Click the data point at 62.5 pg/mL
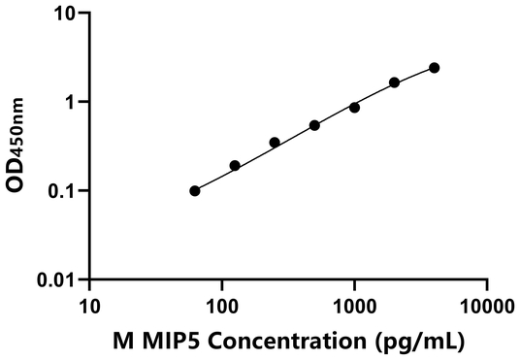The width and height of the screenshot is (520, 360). (x=195, y=191)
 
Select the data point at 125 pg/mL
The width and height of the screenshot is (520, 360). (x=235, y=166)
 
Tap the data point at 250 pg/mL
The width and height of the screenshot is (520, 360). (x=275, y=143)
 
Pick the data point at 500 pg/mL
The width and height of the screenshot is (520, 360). (x=314, y=125)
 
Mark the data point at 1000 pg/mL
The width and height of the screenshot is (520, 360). (x=354, y=108)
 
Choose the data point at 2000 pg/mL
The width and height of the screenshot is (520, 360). (x=395, y=82)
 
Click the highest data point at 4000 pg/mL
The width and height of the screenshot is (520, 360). (x=434, y=68)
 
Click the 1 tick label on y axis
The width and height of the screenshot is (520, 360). (x=73, y=102)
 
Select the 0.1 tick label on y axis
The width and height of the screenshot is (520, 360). (x=64, y=191)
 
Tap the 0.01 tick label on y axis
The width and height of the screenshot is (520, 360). (x=59, y=280)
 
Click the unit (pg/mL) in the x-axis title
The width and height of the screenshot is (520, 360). (x=417, y=341)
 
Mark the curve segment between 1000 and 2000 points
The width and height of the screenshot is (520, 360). (x=374, y=94)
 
